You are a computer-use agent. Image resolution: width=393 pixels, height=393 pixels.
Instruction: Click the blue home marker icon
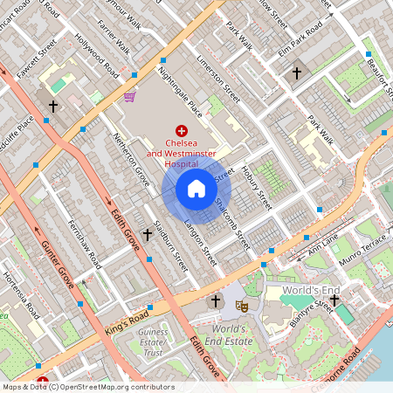click(x=196, y=189)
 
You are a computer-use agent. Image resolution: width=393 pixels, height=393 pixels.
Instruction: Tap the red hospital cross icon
click(x=182, y=129)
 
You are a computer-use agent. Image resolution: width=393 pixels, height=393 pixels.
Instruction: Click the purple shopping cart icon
click(x=129, y=97)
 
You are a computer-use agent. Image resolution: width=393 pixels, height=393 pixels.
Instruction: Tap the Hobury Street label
click(x=258, y=187)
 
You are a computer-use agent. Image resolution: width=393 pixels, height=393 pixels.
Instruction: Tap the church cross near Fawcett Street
click(x=53, y=107)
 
